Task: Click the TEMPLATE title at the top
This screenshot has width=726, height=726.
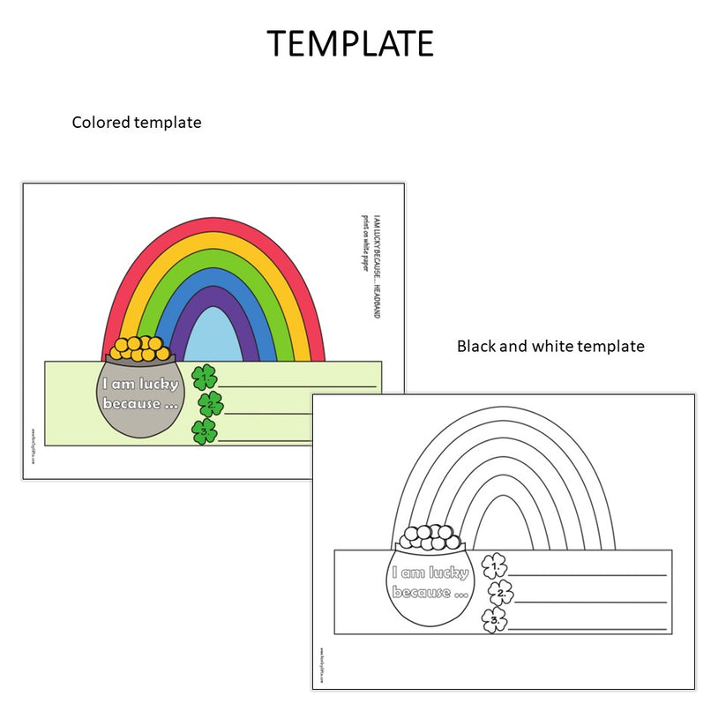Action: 350,43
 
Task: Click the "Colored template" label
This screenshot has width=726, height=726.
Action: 136,123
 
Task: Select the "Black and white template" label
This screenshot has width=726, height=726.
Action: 550,347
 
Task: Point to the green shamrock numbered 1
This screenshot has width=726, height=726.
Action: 205,378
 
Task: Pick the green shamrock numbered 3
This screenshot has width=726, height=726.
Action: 204,431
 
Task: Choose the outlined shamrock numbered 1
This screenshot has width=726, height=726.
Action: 495,565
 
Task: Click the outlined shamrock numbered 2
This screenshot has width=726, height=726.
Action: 500,592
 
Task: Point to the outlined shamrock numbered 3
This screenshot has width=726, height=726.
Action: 495,620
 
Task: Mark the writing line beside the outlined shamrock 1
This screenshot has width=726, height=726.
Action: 587,575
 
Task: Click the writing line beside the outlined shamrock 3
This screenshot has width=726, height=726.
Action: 587,630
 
